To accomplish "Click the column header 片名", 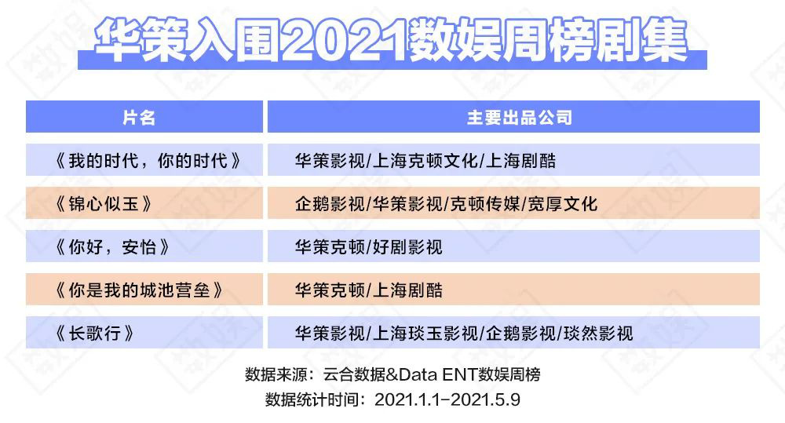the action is [139, 117].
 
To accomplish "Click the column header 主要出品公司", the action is [519, 117].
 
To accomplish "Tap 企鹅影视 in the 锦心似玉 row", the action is [330, 204].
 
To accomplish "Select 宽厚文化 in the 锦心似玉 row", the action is [563, 204].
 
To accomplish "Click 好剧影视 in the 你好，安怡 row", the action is [407, 246].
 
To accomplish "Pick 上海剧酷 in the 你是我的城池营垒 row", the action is [407, 290].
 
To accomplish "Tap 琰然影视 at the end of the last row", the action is [598, 333].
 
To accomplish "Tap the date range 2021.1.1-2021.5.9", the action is [447, 399].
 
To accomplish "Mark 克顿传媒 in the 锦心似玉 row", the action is [485, 204].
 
